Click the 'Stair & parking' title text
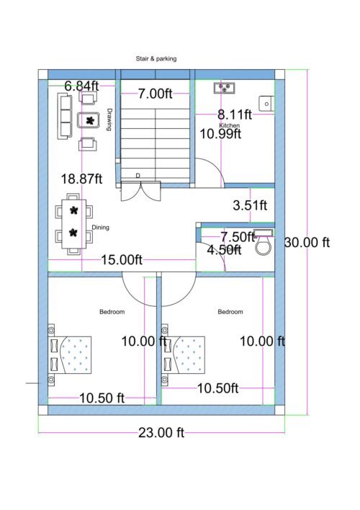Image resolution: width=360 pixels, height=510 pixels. [x=156, y=58]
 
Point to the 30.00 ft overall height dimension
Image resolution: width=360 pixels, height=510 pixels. [x=307, y=243]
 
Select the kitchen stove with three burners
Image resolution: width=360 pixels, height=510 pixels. [x=225, y=89]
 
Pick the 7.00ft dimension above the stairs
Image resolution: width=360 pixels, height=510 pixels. [x=155, y=93]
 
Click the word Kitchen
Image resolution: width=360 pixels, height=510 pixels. [x=230, y=125]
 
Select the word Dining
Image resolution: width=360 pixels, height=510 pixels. [x=100, y=228]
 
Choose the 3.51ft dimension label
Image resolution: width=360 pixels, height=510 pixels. [x=250, y=206]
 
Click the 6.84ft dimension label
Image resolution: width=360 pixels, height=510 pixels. [x=82, y=86]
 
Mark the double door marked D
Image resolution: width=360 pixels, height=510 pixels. [x=138, y=189]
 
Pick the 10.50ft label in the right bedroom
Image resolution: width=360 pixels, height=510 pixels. [x=218, y=388]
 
